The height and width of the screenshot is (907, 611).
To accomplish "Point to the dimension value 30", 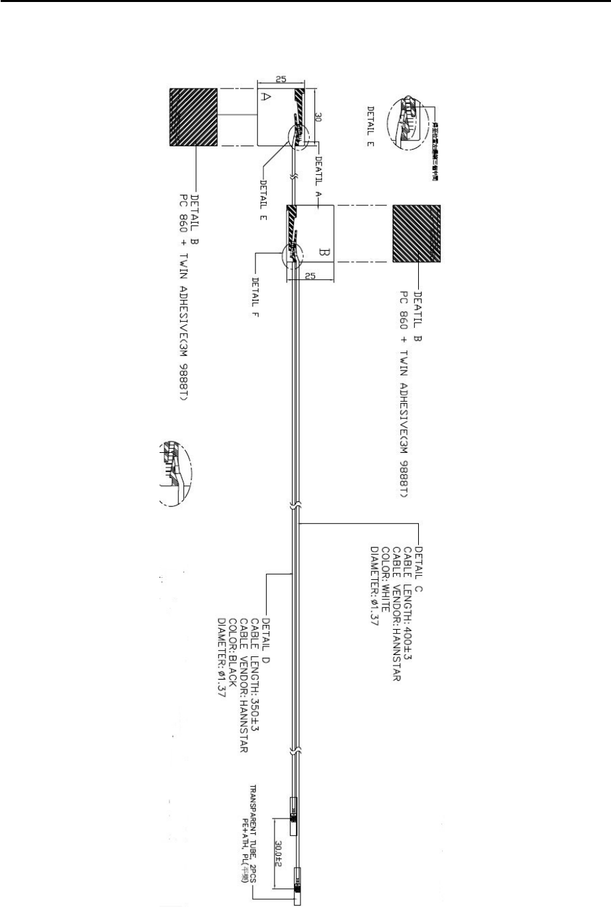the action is point(318,118).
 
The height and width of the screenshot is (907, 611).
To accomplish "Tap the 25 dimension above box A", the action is point(281,78).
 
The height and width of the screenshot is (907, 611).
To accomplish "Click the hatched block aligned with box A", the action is point(193,118).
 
